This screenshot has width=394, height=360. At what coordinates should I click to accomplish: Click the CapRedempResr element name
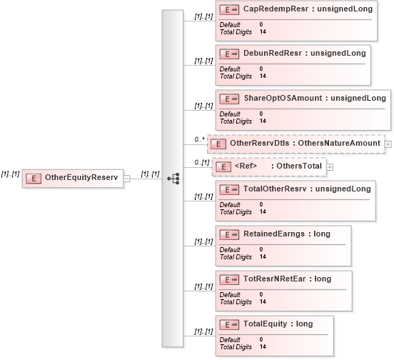[x=276, y=9]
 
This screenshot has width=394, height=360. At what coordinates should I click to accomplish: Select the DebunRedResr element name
[x=273, y=53]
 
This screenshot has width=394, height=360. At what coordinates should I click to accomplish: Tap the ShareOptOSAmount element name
[x=283, y=98]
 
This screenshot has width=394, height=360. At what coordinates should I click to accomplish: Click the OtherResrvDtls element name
[x=260, y=143]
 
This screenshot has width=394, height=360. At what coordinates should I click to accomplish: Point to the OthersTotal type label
[x=299, y=166]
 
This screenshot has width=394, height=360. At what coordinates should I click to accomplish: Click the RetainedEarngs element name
[x=274, y=234]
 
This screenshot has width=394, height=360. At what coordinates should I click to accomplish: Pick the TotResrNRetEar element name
[x=274, y=279]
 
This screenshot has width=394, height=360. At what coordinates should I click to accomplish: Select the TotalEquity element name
[x=265, y=324]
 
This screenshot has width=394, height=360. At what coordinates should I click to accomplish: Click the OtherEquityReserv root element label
[x=81, y=177]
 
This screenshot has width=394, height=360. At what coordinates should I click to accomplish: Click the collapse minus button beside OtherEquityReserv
[x=127, y=179]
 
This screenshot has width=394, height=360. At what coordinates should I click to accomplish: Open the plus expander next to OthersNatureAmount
[x=388, y=144]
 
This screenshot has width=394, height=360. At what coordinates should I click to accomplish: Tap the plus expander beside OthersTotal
[x=330, y=167]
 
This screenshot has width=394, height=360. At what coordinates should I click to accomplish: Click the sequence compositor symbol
[x=173, y=179]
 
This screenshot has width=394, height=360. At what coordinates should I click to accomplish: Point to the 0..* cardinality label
[x=200, y=139]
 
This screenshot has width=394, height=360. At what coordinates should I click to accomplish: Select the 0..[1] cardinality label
[x=202, y=162]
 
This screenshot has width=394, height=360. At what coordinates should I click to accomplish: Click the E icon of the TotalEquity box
[x=229, y=325]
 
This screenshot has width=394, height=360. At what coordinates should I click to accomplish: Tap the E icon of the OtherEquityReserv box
[x=34, y=179]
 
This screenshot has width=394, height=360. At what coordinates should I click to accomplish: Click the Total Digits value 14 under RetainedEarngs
[x=263, y=256]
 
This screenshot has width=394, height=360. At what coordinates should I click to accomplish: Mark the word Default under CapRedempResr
[x=230, y=24]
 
